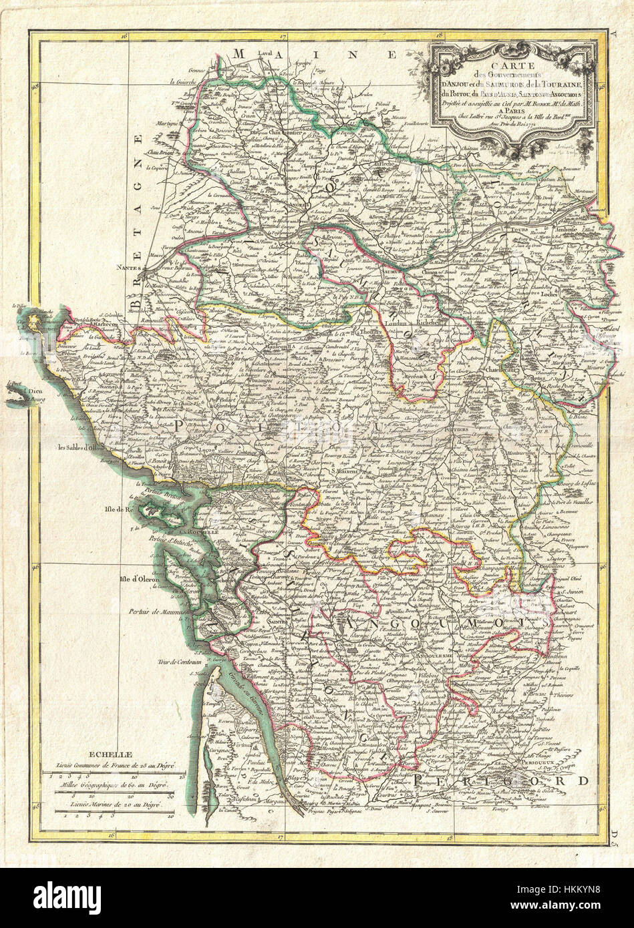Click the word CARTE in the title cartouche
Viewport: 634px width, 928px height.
point(510,65)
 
